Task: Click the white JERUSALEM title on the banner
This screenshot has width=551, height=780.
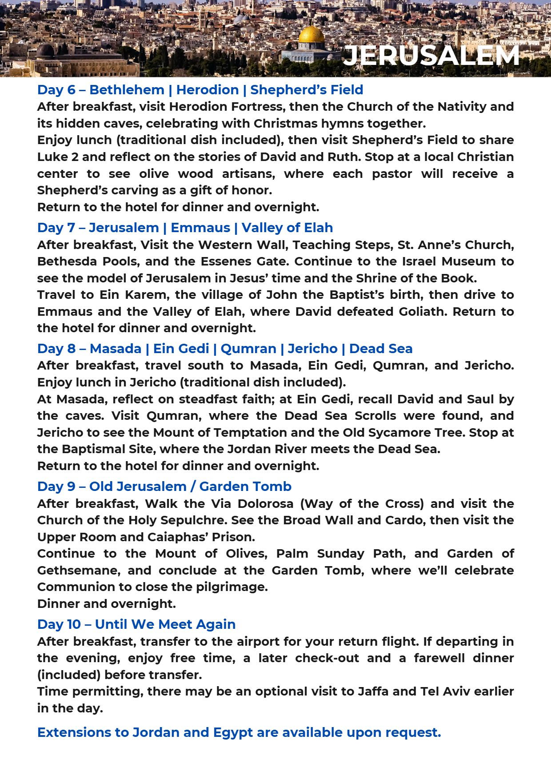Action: [431, 56]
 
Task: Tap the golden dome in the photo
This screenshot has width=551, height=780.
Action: [311, 35]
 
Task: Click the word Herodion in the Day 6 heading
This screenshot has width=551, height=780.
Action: [208, 90]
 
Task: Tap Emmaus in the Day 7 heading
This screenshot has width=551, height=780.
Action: [200, 228]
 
